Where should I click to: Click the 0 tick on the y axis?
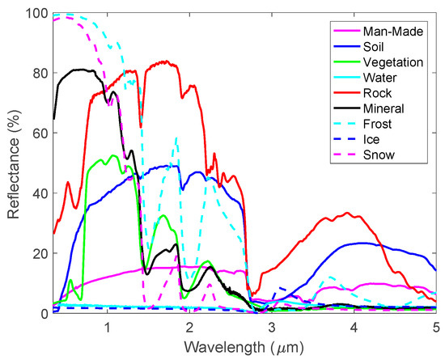pyautogui.click(x=42, y=313)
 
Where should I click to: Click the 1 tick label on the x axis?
pyautogui.click(x=108, y=325)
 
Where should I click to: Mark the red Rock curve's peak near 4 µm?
pyautogui.click(x=347, y=214)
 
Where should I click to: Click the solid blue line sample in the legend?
pyautogui.click(x=349, y=47)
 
